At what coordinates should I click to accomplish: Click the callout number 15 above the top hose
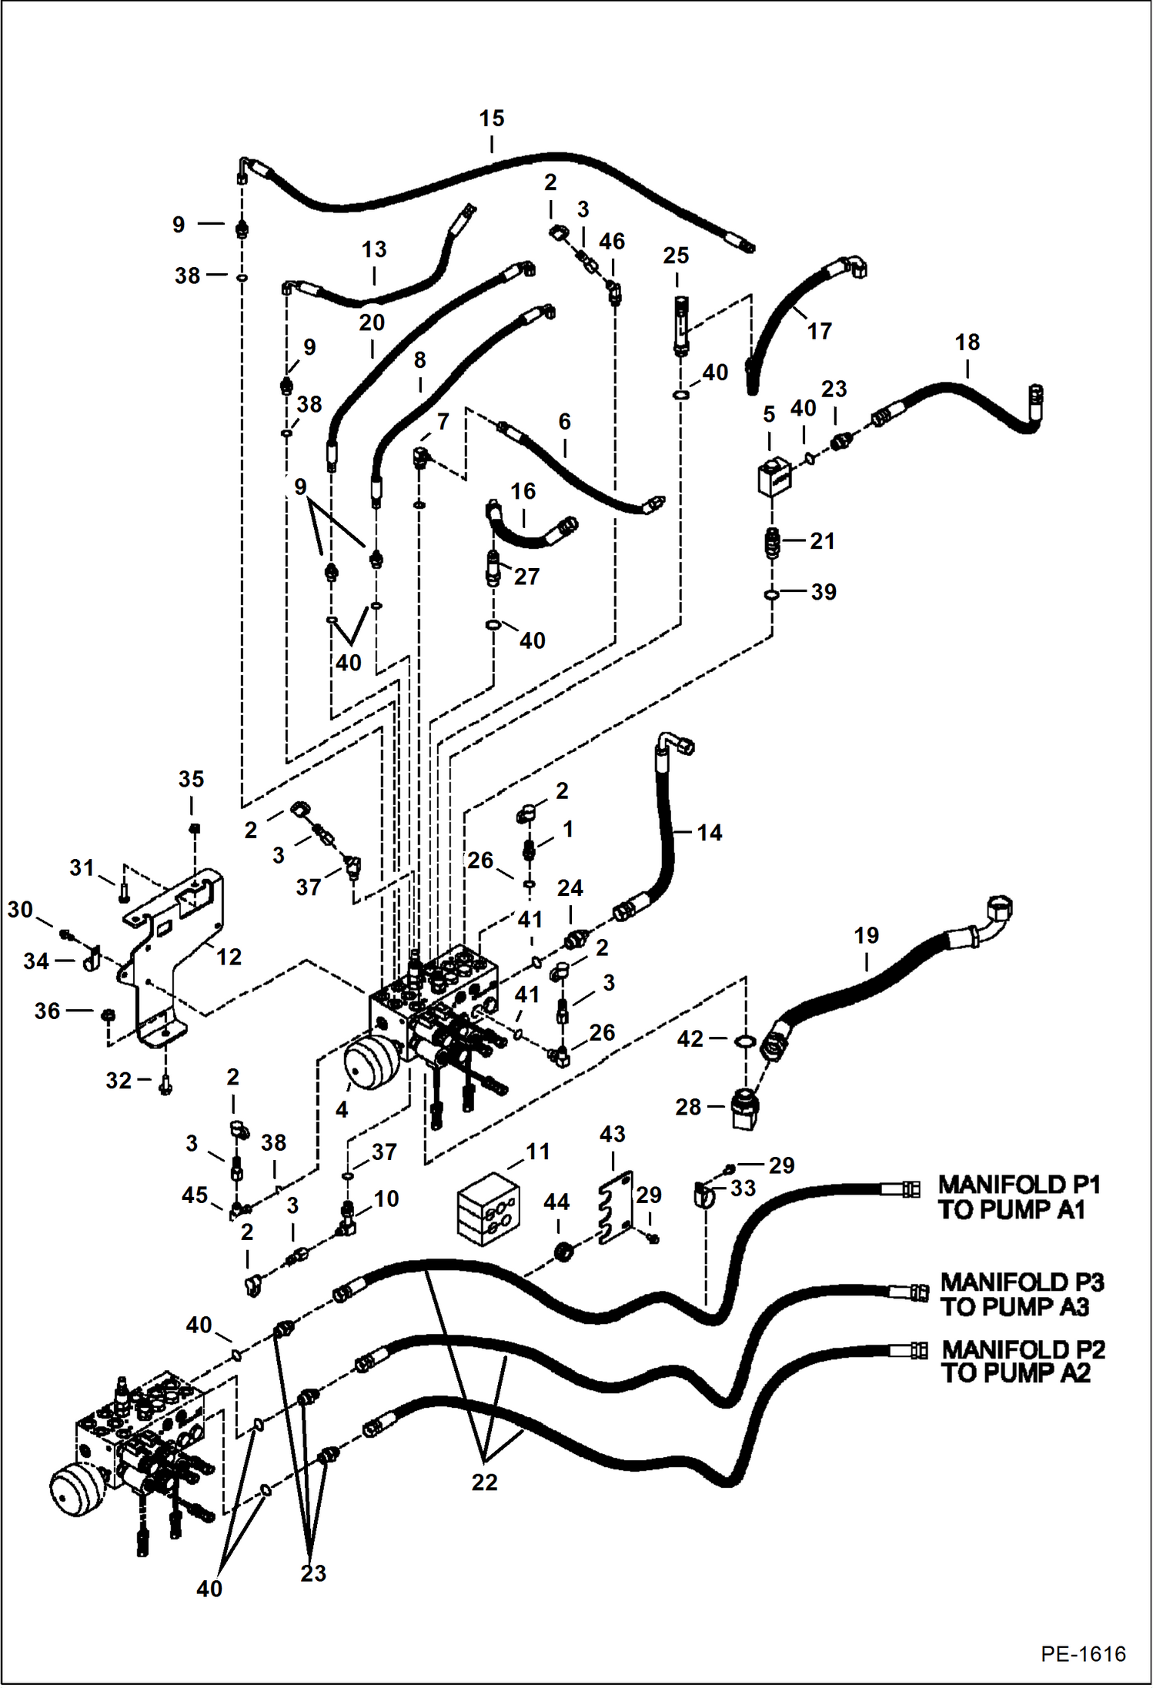[491, 119]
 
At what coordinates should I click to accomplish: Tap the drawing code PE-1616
[1083, 1653]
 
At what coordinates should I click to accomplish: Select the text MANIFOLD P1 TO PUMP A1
[1018, 1198]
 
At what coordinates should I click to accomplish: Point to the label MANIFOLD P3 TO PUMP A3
[1021, 1295]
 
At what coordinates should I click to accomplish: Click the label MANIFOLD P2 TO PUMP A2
[1023, 1361]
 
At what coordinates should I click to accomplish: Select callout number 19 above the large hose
[866, 935]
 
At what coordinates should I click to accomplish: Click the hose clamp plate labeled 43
[615, 1208]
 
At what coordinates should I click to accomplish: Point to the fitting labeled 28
[744, 1109]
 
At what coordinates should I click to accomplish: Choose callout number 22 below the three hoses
[484, 1482]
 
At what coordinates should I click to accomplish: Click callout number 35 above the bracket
[191, 779]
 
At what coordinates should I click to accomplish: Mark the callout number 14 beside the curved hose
[709, 832]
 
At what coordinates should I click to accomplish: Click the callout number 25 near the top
[676, 256]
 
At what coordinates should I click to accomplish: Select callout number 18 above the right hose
[967, 342]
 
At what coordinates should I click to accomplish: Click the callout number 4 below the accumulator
[342, 1109]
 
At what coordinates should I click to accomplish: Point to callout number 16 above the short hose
[523, 491]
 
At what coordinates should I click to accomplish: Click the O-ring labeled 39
[772, 594]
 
